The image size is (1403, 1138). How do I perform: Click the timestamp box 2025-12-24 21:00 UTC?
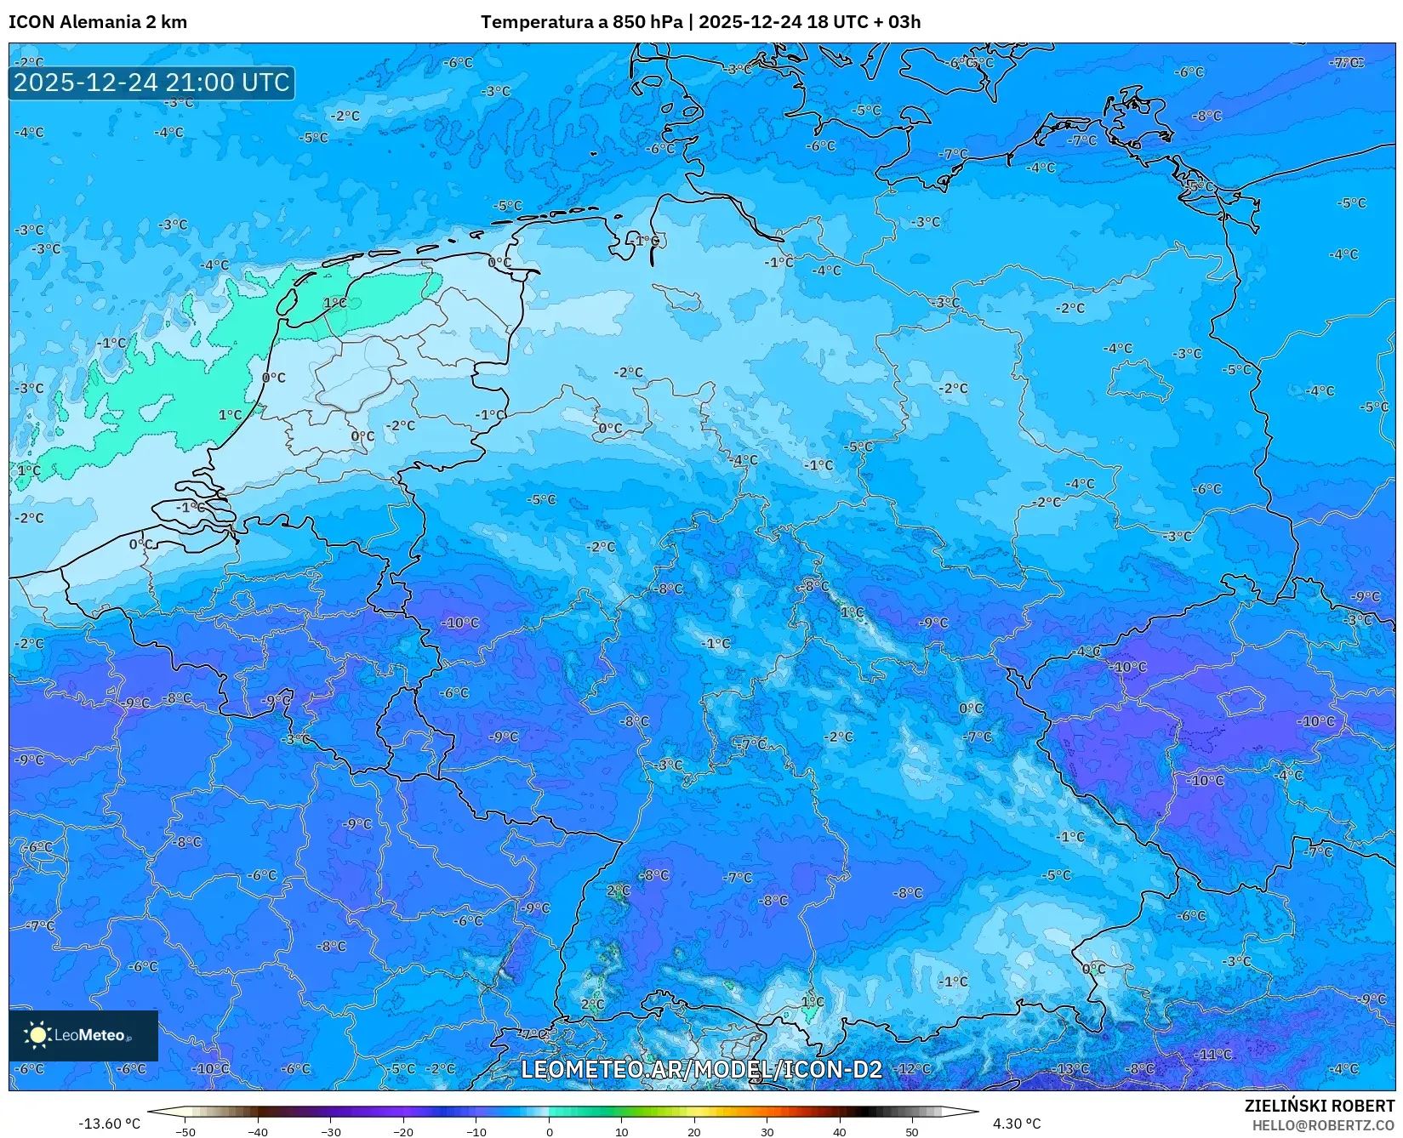point(151,83)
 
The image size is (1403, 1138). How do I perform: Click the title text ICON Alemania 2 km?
point(98,22)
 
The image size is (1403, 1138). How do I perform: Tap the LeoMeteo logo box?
point(83,1035)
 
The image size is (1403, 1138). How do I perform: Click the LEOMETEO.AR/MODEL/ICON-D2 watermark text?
point(701,1069)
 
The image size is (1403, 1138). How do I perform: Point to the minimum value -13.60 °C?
point(109,1124)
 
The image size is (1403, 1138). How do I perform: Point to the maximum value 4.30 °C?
point(1017,1124)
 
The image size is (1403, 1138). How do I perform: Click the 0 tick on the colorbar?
point(549,1132)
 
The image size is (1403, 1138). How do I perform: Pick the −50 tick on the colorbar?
point(185,1132)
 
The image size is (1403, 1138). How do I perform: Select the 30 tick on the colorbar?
point(767,1132)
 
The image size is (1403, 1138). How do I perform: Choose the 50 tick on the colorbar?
point(912,1132)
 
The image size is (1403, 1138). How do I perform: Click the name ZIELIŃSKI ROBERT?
point(1320,1106)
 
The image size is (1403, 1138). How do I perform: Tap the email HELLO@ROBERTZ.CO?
point(1323,1125)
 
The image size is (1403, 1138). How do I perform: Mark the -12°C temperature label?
point(914,1068)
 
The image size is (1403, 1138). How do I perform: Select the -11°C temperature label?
point(1213,1054)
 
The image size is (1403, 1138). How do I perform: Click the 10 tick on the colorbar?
point(622,1132)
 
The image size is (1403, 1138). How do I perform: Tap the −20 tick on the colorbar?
point(403,1132)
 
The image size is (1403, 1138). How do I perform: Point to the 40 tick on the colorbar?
point(840,1132)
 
